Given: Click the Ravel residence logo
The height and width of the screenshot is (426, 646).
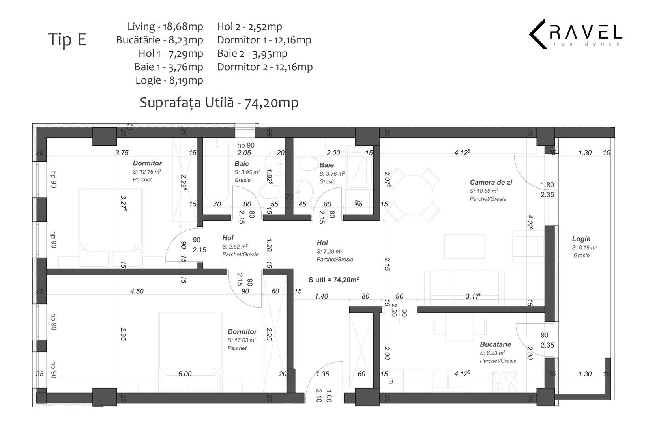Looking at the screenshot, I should [x=575, y=34].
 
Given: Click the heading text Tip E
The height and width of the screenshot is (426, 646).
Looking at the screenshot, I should [x=67, y=39].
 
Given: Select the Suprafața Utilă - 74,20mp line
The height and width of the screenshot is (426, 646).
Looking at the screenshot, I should [x=219, y=102].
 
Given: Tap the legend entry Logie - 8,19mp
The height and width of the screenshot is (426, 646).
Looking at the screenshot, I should [x=169, y=80].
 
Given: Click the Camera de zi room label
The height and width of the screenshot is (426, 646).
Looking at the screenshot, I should [x=491, y=182].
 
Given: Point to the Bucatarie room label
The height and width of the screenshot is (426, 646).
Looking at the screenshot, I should [x=495, y=344].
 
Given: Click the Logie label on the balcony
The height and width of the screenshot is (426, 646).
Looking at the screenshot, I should [x=581, y=239].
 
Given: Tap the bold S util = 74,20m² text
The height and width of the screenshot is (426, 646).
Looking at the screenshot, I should [x=333, y=280].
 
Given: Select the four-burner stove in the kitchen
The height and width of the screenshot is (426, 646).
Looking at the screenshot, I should [x=504, y=381].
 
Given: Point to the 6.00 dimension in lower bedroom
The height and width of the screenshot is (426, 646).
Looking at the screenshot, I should [x=185, y=374].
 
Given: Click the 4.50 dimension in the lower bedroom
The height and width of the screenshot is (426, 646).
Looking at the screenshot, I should [x=137, y=291].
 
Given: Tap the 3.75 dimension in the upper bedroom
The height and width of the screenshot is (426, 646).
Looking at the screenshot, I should [x=122, y=153].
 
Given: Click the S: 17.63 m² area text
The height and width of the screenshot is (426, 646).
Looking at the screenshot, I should [x=242, y=340].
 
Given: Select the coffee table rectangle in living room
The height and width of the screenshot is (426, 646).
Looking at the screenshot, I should [x=464, y=246].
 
